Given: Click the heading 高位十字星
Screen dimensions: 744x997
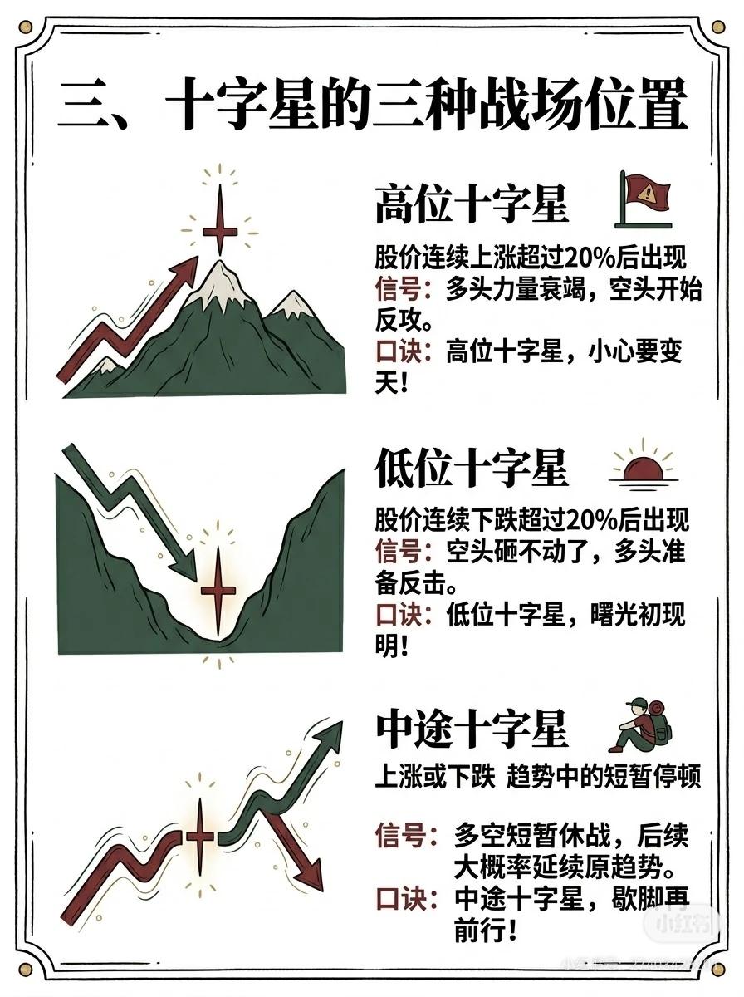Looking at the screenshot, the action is coord(472,204).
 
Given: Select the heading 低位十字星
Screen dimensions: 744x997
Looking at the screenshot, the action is coord(472,468).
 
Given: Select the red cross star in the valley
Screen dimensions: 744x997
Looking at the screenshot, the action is coord(218,591).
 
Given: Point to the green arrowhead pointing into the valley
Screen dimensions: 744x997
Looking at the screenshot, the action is coord(184,567).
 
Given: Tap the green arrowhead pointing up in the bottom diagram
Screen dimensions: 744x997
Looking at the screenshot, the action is coord(328,737).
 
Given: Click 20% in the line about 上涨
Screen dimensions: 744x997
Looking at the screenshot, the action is coord(589,259).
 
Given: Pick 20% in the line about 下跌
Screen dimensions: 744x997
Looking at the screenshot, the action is coord(592,521).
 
